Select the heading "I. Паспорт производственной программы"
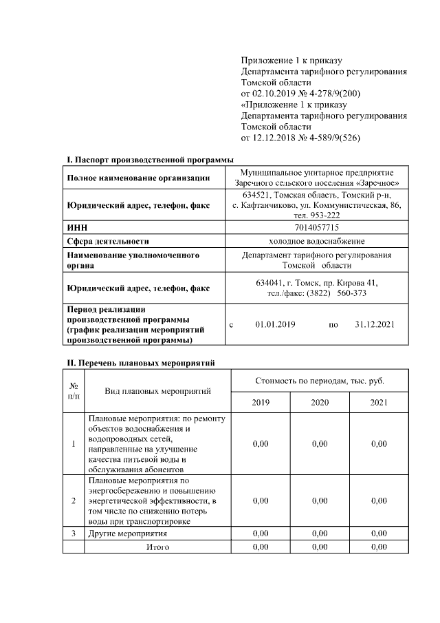[150, 160]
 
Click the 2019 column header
[261, 402]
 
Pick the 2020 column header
[320, 402]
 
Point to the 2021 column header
[379, 402]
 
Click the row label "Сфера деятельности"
[108, 241]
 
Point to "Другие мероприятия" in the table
[128, 533]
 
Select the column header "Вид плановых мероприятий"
[157, 390]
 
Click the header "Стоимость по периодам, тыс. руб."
[320, 380]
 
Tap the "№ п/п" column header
[74, 390]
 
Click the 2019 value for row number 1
[261, 444]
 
